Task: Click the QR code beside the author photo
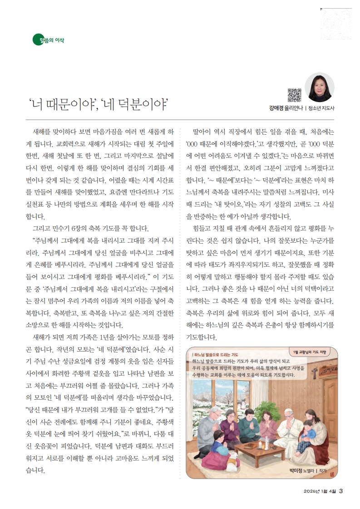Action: pyautogui.click(x=295, y=94)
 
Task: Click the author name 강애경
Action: pyautogui.click(x=277, y=108)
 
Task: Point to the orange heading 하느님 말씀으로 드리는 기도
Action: pyautogui.click(x=216, y=354)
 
